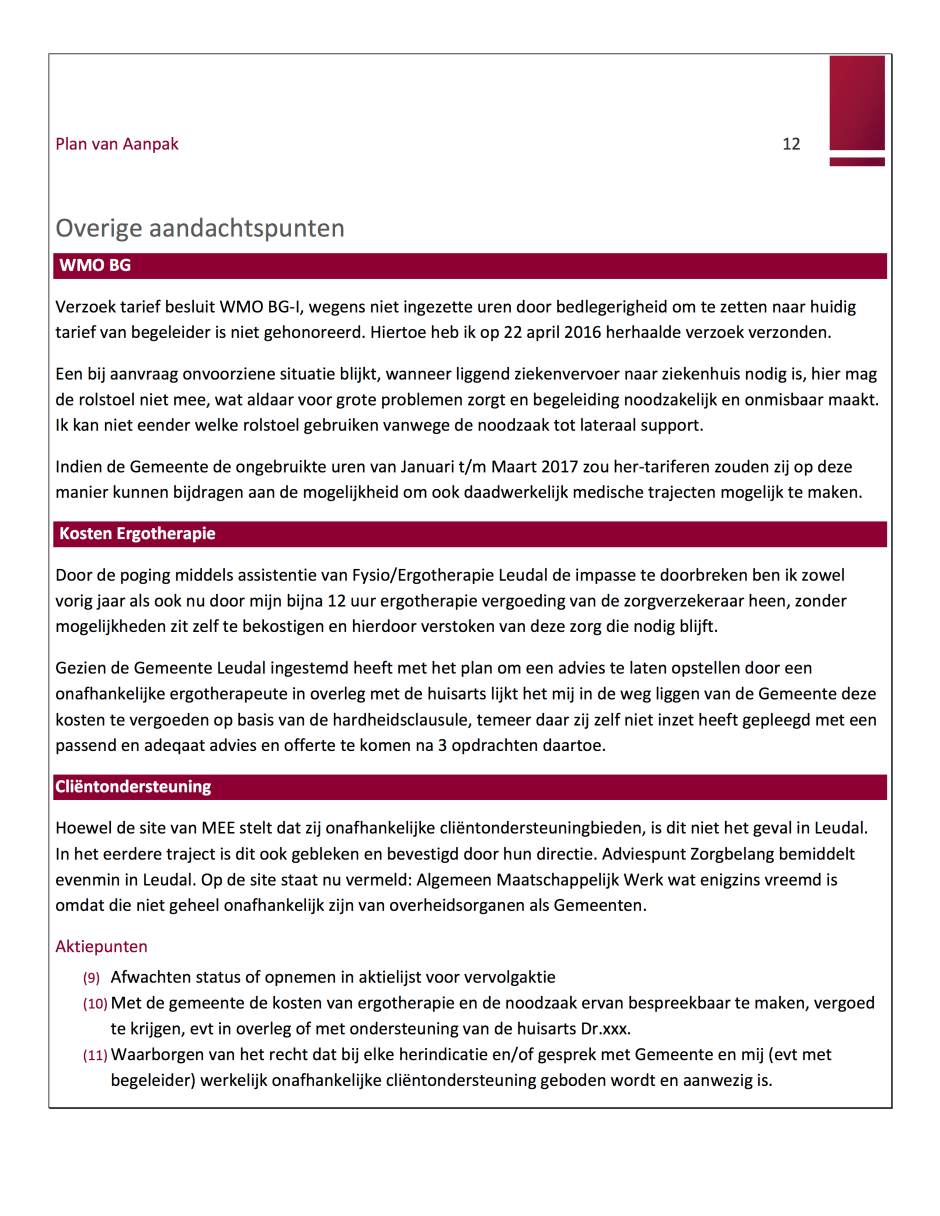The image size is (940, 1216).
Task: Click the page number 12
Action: pyautogui.click(x=791, y=144)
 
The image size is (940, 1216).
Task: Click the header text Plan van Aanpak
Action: pyautogui.click(x=117, y=144)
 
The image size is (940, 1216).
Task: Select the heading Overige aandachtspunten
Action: pyautogui.click(x=200, y=228)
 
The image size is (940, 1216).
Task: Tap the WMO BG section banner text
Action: pyautogui.click(x=95, y=266)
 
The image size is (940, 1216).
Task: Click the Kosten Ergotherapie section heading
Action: pyautogui.click(x=137, y=534)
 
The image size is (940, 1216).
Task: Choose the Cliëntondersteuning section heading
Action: pyautogui.click(x=133, y=787)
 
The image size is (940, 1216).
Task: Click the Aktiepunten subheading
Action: pyautogui.click(x=101, y=946)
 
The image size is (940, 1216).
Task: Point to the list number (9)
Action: pyautogui.click(x=91, y=978)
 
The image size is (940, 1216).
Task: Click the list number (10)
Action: pyautogui.click(x=95, y=1003)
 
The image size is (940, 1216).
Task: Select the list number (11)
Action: pyautogui.click(x=95, y=1055)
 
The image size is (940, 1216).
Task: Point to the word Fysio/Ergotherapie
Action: pyautogui.click(x=423, y=576)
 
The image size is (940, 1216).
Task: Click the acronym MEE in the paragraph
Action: pyautogui.click(x=219, y=829)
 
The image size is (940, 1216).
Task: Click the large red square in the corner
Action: pyautogui.click(x=857, y=102)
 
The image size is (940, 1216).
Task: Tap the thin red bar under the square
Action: pyautogui.click(x=857, y=162)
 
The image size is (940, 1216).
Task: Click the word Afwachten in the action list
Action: pyautogui.click(x=149, y=978)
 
